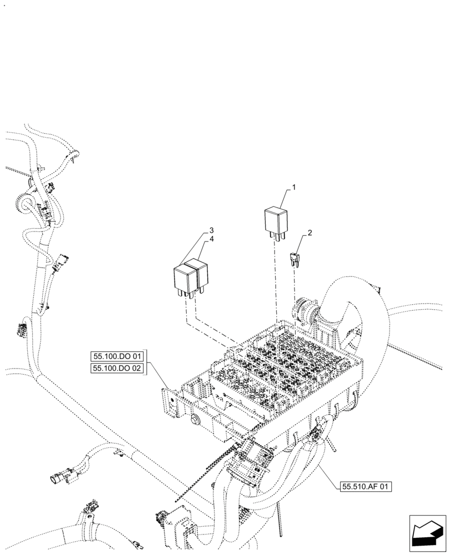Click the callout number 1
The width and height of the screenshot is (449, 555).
click(x=294, y=188)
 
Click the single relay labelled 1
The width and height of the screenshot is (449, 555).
click(x=276, y=220)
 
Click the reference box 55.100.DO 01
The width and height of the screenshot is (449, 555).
click(x=117, y=356)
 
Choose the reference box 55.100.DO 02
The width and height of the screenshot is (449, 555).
click(x=117, y=368)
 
